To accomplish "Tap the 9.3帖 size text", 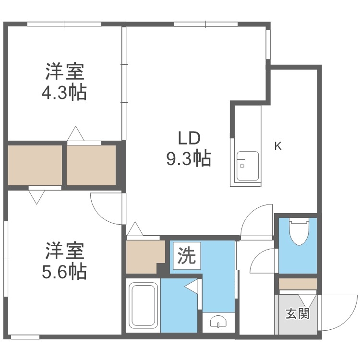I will [x=188, y=158].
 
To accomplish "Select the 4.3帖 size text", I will [x=64, y=92].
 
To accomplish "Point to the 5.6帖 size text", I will [x=64, y=272].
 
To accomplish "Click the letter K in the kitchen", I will [x=277, y=146].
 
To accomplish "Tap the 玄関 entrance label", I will [x=298, y=314].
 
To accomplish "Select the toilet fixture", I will [x=299, y=231].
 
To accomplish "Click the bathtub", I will [x=144, y=305].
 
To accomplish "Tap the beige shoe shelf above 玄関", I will [x=298, y=284].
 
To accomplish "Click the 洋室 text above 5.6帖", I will [x=64, y=252].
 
